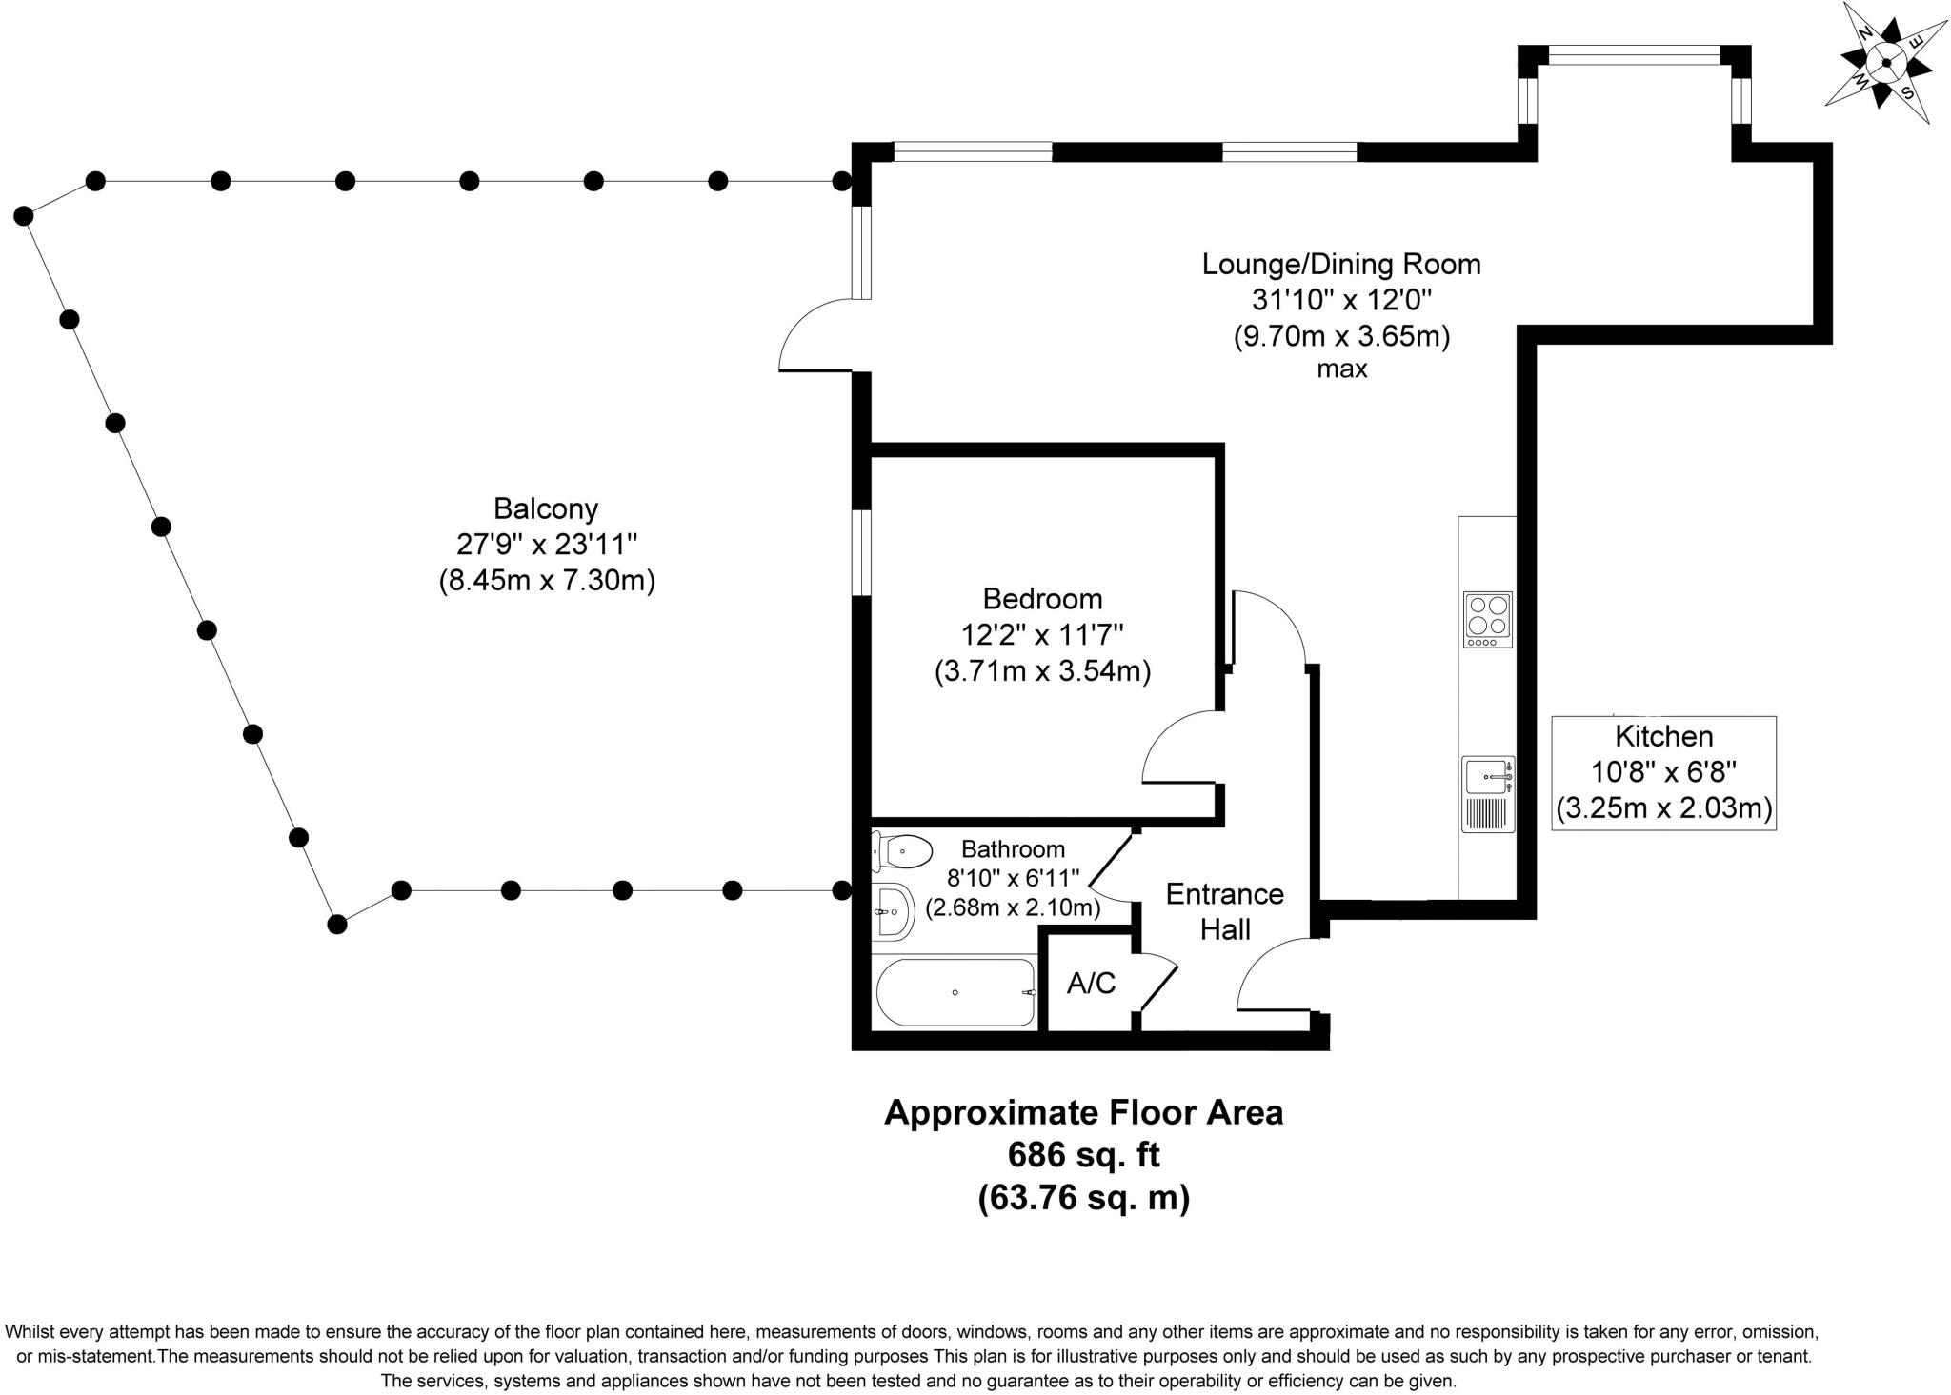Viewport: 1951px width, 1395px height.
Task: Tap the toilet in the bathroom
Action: click(x=902, y=850)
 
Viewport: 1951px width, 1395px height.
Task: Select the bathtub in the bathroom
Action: click(x=955, y=993)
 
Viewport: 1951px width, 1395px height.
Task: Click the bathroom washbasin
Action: click(x=892, y=912)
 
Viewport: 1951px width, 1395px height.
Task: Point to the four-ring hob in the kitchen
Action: click(x=1487, y=619)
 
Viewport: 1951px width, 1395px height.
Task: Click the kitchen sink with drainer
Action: click(x=1488, y=794)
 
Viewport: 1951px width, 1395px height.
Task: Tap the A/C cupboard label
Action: click(x=1091, y=984)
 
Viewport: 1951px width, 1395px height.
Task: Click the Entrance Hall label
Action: click(x=1225, y=911)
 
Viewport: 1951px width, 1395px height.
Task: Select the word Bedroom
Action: click(x=1042, y=599)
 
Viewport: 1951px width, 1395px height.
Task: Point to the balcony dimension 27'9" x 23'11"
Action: click(x=547, y=545)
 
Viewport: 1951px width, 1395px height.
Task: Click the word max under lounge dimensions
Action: click(x=1342, y=369)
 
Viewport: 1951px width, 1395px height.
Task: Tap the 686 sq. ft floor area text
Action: click(x=1084, y=1155)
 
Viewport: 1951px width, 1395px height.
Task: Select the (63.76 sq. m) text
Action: click(x=1084, y=1196)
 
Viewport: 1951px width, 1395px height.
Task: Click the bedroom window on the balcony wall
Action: click(x=861, y=552)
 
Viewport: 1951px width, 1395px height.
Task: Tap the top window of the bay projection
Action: click(x=1635, y=56)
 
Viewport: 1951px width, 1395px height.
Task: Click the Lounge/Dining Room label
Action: click(x=1341, y=264)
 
